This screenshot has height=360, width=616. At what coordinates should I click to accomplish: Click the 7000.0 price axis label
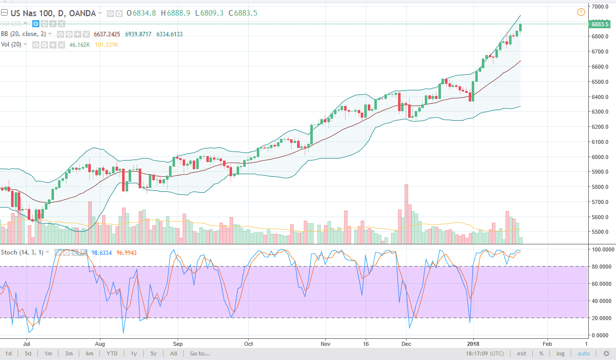(601, 7)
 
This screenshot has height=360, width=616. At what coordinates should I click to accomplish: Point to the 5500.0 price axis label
(601, 232)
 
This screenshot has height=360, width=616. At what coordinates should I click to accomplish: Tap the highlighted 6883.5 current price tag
(600, 24)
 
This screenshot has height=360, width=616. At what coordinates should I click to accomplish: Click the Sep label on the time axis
(177, 341)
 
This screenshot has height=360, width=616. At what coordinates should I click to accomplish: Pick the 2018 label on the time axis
(473, 341)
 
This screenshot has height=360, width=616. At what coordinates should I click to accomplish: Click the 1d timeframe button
(9, 353)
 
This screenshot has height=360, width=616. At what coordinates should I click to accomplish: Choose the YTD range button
(112, 353)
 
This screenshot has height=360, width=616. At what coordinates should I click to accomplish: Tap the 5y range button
(153, 353)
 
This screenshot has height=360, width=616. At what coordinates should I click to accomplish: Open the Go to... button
(200, 353)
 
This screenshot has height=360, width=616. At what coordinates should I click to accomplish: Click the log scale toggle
(561, 353)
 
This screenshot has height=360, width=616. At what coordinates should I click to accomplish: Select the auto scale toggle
(584, 353)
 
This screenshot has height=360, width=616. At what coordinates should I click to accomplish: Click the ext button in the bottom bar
(522, 353)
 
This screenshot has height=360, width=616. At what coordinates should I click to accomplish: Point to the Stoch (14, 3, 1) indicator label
(22, 252)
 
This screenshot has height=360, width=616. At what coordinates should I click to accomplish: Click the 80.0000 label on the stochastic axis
(601, 267)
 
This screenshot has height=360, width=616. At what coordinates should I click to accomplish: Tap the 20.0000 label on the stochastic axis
(601, 318)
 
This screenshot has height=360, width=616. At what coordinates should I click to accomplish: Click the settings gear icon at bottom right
(606, 353)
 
